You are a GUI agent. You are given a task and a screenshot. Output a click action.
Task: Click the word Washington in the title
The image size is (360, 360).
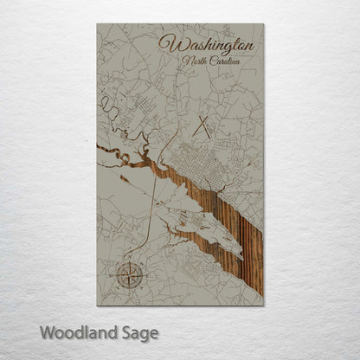click(208, 44)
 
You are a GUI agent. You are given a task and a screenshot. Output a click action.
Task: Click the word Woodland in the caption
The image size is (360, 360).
click(73, 331)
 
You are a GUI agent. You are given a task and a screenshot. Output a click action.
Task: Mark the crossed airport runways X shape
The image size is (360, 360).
click(205, 127)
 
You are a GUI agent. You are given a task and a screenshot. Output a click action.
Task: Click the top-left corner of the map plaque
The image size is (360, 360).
click(97, 24)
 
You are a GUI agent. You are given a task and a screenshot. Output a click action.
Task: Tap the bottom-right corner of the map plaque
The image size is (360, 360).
click(263, 305)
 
